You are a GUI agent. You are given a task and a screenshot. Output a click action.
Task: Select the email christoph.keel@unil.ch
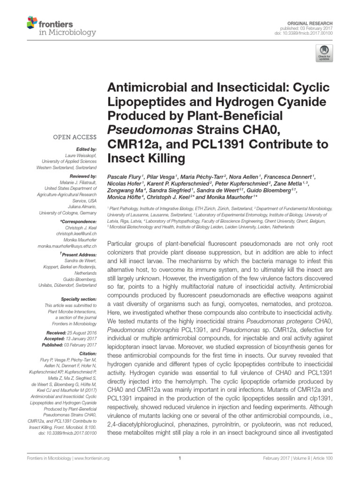[78, 233]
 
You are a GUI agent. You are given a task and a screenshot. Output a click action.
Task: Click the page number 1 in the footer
[180, 458]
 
